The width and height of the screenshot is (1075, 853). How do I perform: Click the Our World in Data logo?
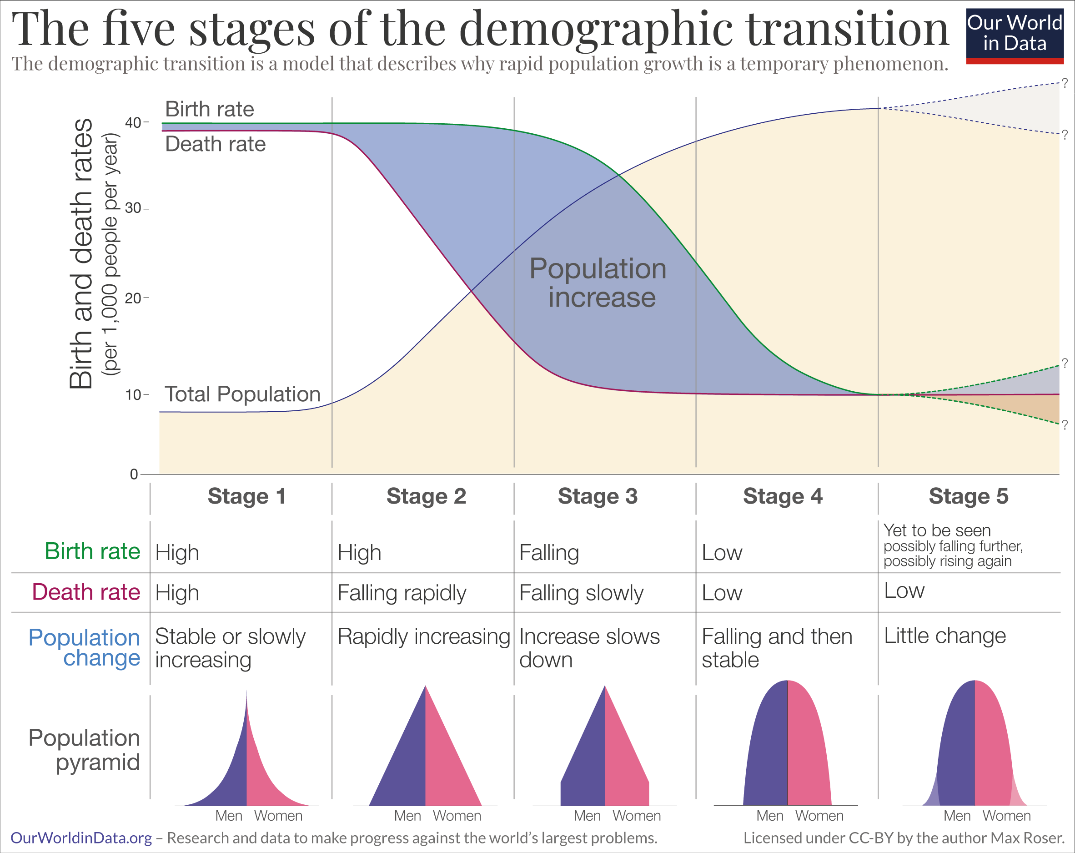pos(1014,35)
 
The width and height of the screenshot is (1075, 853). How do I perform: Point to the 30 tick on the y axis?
pos(134,208)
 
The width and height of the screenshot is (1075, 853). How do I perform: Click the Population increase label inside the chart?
pos(598,283)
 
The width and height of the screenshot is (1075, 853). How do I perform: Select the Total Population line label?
pos(242,394)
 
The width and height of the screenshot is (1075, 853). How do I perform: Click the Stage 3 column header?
pos(598,496)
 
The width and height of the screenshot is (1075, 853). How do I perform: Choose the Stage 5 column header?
pos(968,496)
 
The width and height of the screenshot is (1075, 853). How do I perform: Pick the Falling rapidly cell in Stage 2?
pos(402,593)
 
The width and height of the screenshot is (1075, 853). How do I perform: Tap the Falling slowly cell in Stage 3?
pos(581,593)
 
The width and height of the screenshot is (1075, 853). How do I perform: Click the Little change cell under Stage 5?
pos(945,636)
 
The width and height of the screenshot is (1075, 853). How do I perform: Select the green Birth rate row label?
pos(92,552)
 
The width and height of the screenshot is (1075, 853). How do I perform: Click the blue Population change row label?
pos(85,647)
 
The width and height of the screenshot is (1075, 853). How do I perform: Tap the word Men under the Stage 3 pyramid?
pos(587,816)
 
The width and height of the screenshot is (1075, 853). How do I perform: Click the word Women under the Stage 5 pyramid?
pos(1006,816)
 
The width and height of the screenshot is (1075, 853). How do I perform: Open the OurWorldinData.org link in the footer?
pos(81,838)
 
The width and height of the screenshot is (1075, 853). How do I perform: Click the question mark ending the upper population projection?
pos(1065,83)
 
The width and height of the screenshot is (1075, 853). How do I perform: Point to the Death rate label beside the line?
pos(216,144)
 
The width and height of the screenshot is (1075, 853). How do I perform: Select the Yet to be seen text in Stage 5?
pos(937,530)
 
